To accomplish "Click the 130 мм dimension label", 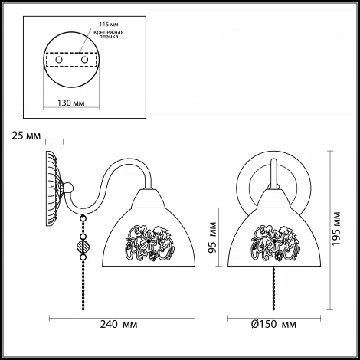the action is pos(71,103).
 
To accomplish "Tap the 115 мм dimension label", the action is pos(109,25).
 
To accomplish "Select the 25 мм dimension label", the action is pos(26,136).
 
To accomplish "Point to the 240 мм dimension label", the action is pos(119,324).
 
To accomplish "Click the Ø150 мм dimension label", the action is pos(273,324).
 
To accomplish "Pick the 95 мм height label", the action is pos(212,237).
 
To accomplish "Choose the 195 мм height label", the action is pos(336,228).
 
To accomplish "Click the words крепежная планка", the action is pos(109,34).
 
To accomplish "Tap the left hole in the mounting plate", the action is pos(59,60).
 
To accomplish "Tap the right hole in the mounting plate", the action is pos(84,60).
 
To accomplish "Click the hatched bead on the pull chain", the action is pos(83,247).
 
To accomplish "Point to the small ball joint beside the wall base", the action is pos(68,188).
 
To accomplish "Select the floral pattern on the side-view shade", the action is pos(150,243).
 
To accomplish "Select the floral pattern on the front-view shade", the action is pos(275,243).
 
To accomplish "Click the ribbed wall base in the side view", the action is pos(53,188).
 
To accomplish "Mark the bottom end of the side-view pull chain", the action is pos(83,309).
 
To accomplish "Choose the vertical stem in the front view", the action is pos(273,174).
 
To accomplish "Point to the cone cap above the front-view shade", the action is pos(274,198).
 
